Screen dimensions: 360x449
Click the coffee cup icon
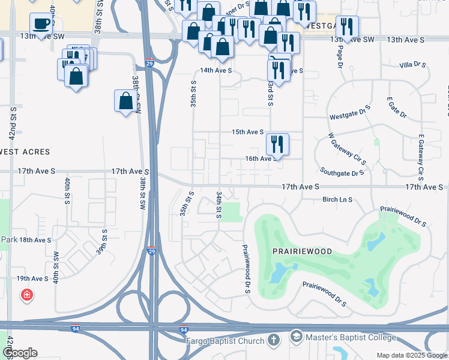click(x=41, y=24)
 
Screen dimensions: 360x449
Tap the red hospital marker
click(x=26, y=295)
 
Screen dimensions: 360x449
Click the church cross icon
click(x=273, y=340)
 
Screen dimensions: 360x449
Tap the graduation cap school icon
click(x=296, y=336)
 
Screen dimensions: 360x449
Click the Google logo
click(x=20, y=353)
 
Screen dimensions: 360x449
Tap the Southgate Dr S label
click(x=342, y=173)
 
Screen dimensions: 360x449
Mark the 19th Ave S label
click(x=32, y=278)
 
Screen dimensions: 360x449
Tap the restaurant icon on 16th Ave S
click(x=277, y=143)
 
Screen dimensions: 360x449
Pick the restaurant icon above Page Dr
click(x=347, y=26)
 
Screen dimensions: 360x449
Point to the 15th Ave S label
click(x=248, y=132)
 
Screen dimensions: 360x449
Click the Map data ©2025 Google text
click(x=411, y=355)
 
